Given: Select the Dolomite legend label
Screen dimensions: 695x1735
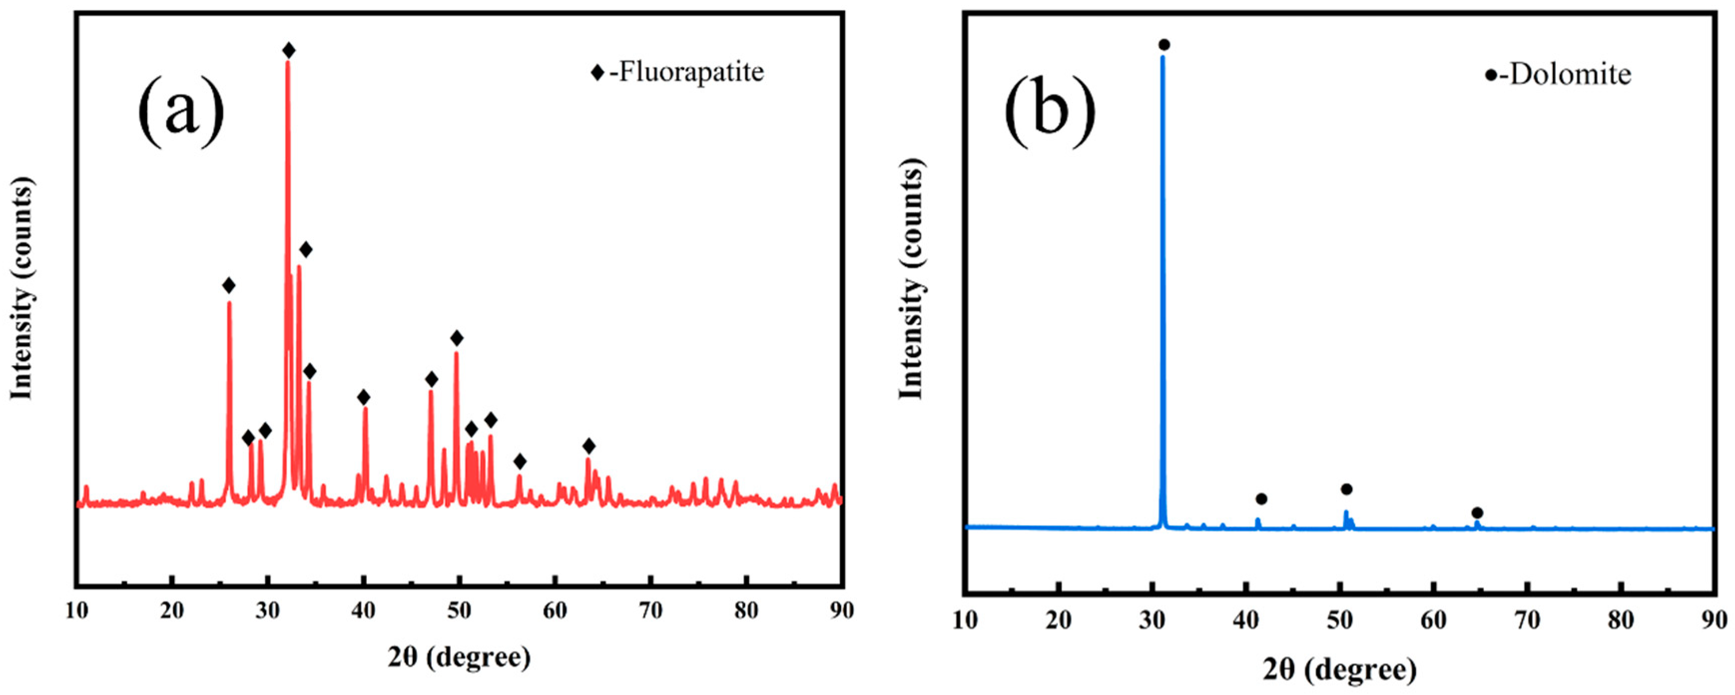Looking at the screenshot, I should pyautogui.click(x=1569, y=74).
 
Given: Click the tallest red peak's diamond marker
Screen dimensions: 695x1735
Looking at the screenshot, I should pyautogui.click(x=289, y=50).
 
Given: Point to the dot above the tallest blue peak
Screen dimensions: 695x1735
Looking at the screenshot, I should pyautogui.click(x=1164, y=45).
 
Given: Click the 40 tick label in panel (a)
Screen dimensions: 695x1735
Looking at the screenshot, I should pyautogui.click(x=364, y=610).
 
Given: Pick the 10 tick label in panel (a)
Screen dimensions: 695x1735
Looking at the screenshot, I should pyautogui.click(x=77, y=610).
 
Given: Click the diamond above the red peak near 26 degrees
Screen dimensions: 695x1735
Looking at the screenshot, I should pyautogui.click(x=229, y=286).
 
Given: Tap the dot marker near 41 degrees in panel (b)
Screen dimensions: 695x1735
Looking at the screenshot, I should pyautogui.click(x=1261, y=499).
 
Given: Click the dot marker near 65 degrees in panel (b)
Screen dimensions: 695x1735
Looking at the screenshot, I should pyautogui.click(x=1477, y=513).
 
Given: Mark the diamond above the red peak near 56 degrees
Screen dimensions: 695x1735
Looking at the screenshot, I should pyautogui.click(x=519, y=462).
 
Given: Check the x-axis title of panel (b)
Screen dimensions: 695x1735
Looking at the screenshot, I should pyautogui.click(x=1339, y=670).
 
